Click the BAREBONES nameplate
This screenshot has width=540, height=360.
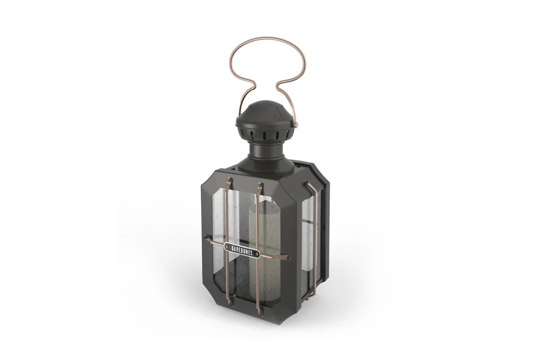tap(242, 250)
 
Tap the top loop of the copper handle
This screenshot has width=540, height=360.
tap(267, 38)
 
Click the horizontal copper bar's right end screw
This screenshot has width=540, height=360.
tap(287, 258)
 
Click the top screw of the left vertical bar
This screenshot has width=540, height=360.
tap(229, 180)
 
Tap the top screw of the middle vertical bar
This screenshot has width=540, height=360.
tap(259, 186)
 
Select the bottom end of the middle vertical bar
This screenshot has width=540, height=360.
tap(259, 312)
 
